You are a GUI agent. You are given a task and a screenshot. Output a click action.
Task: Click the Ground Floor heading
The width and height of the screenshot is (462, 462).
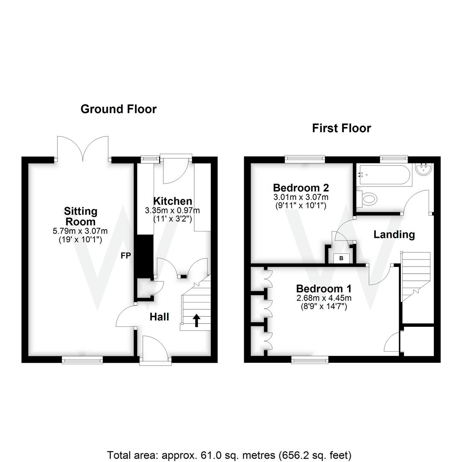tap(118, 109)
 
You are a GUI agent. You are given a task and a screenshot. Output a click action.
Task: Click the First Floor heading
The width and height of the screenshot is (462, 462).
tap(341, 128)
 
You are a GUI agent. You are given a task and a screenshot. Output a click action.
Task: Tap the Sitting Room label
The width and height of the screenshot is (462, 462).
tap(80, 216)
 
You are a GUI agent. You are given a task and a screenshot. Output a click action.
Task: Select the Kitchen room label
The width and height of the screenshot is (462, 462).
tap(172, 201)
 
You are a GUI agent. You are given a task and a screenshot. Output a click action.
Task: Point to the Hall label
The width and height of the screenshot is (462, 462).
tap(159, 317)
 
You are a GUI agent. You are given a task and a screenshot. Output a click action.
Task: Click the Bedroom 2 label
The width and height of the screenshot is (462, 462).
tap(301, 187)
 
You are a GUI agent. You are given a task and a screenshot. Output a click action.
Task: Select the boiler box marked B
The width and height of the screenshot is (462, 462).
tap(341, 258)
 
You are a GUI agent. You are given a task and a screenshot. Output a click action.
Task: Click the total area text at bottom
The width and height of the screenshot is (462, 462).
tap(229, 454)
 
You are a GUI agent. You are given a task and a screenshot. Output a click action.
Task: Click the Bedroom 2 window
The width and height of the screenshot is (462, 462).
tap(305, 159)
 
